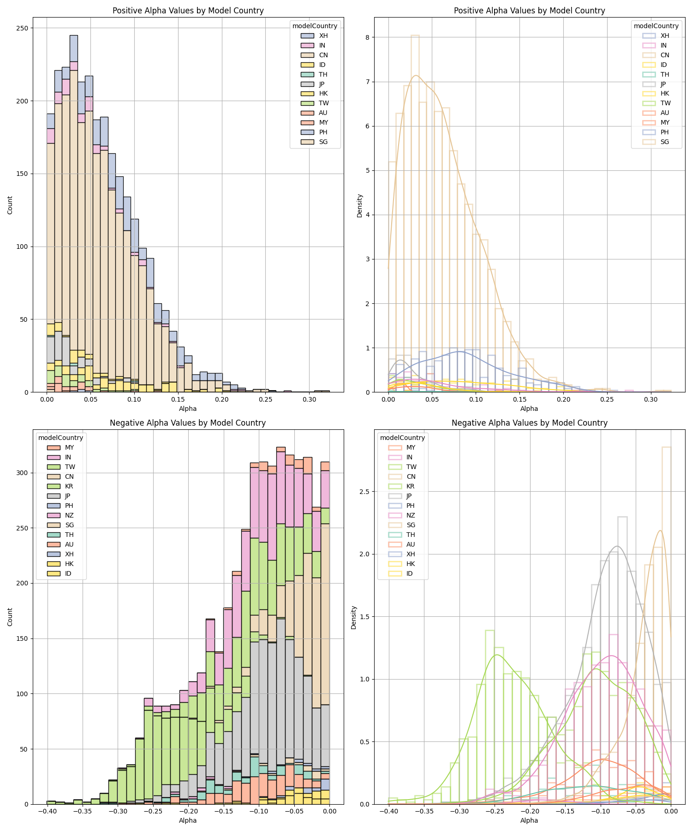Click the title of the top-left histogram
(x=188, y=11)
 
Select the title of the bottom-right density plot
(x=529, y=423)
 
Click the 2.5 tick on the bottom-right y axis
(x=365, y=492)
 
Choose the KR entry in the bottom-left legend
(x=69, y=486)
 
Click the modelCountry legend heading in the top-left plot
(x=315, y=26)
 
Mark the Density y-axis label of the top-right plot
(x=360, y=206)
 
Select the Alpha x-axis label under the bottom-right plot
(x=529, y=820)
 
